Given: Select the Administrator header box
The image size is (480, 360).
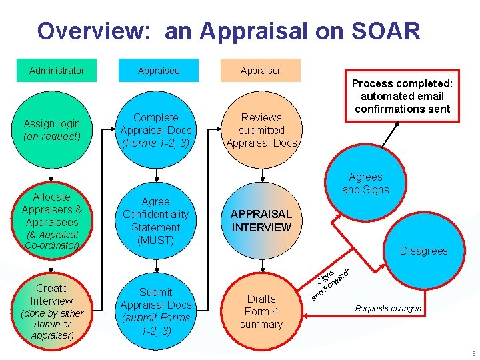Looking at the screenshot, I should pyautogui.click(x=57, y=71).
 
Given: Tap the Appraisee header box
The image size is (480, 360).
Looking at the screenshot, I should pyautogui.click(x=159, y=71).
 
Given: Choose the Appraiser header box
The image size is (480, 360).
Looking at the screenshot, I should pyautogui.click(x=260, y=71).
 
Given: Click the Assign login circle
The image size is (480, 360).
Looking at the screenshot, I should pyautogui.click(x=51, y=130).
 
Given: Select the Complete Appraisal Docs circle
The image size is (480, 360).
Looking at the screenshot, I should pyautogui.click(x=156, y=130).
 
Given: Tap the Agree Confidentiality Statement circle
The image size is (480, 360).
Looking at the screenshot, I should pyautogui.click(x=156, y=221).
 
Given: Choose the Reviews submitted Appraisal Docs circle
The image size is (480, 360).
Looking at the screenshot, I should pyautogui.click(x=261, y=130).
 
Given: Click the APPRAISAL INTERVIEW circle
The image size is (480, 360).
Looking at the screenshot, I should pyautogui.click(x=261, y=221).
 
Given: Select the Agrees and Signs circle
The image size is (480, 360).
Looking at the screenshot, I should pyautogui.click(x=366, y=183).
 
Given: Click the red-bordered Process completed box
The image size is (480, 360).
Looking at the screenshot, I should pyautogui.click(x=402, y=96).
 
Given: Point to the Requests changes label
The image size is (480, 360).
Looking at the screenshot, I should pyautogui.click(x=388, y=309).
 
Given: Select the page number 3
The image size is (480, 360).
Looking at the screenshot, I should pyautogui.click(x=473, y=353).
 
